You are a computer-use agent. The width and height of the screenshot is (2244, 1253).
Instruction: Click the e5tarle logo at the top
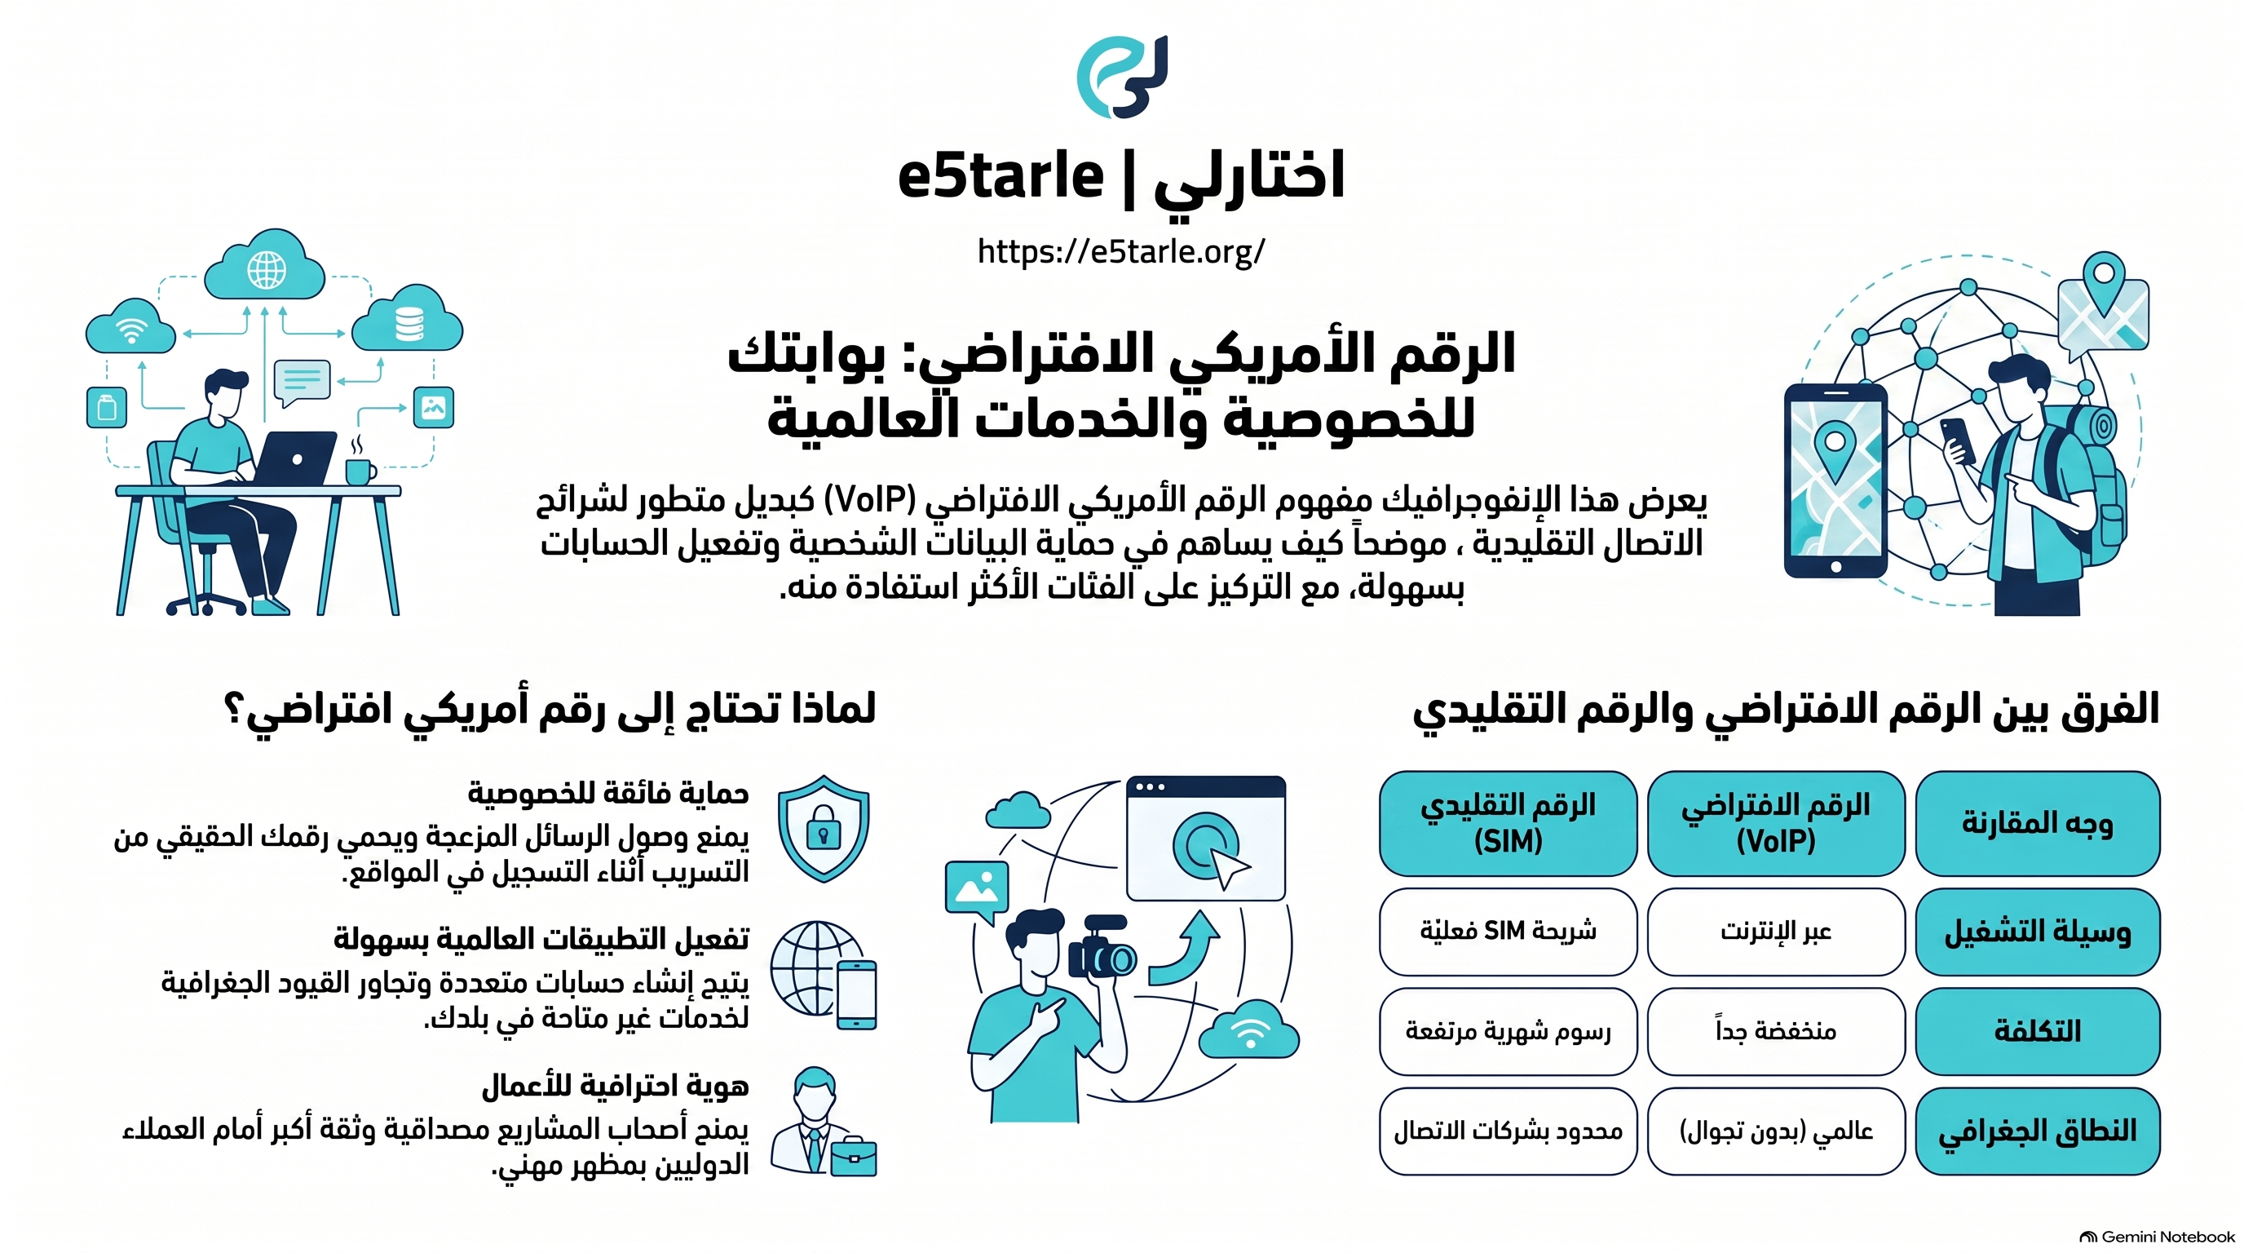tap(1122, 77)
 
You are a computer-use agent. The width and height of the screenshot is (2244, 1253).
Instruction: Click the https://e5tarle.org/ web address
tap(1121, 251)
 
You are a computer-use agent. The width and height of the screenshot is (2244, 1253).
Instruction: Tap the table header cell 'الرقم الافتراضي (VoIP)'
tap(1776, 822)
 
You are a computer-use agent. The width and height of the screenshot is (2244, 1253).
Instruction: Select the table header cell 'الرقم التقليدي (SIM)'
tap(1508, 822)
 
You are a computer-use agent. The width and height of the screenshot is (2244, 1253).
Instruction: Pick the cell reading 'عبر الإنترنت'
tap(1776, 932)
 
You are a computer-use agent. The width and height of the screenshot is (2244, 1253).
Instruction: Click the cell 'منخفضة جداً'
tap(1776, 1031)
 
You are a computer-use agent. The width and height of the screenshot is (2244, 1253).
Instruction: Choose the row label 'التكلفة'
tap(2038, 1031)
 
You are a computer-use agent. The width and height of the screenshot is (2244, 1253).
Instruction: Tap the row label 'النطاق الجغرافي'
tap(2038, 1131)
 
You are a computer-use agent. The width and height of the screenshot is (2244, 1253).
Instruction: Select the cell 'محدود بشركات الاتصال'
tap(1508, 1131)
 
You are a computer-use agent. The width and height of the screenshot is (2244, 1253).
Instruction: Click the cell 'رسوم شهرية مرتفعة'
tap(1508, 1031)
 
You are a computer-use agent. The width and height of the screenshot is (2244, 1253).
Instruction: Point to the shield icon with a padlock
tap(824, 828)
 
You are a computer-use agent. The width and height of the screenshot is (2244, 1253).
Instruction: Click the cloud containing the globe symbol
tap(265, 265)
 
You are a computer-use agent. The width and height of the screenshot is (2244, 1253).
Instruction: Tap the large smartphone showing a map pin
tap(1835, 481)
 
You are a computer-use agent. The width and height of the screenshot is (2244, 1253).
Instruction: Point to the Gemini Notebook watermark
tap(2156, 1237)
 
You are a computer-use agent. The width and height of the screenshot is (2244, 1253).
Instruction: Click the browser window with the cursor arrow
tap(1206, 839)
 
